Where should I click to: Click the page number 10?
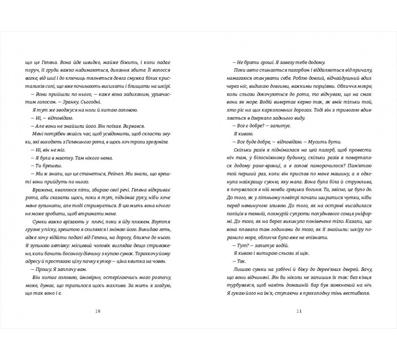point(98,312)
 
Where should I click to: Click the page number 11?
point(299,312)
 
